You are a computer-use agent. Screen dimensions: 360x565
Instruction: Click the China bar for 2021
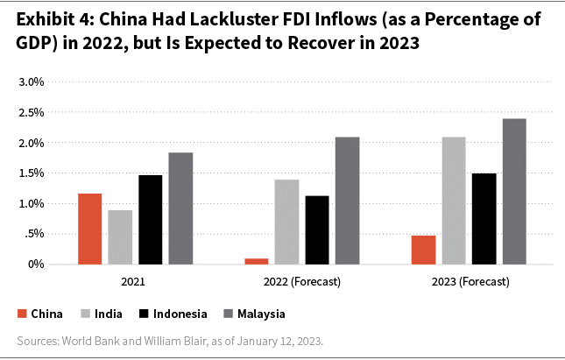point(89,229)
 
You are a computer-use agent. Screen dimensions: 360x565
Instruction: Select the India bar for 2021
point(120,237)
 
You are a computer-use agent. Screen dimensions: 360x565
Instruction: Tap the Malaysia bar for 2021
point(180,208)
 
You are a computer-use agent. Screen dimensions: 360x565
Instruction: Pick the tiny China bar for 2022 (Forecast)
point(257,261)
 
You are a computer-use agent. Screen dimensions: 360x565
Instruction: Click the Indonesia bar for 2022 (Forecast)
point(317,229)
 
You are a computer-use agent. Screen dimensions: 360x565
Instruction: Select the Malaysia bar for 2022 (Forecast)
point(347,201)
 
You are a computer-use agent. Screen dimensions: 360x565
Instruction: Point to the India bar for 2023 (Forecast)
point(454,201)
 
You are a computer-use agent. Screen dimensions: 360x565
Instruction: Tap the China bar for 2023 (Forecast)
point(423,250)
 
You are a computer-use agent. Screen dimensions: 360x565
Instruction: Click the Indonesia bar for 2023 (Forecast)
point(484,219)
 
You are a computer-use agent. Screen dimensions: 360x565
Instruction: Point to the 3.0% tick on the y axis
point(32,82)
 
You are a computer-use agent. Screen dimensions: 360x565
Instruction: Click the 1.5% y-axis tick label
point(32,173)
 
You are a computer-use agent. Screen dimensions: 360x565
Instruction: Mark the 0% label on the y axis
point(36,265)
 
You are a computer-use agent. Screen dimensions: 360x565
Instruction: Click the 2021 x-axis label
point(134,283)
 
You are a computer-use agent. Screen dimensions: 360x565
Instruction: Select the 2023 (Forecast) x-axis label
point(469,283)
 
